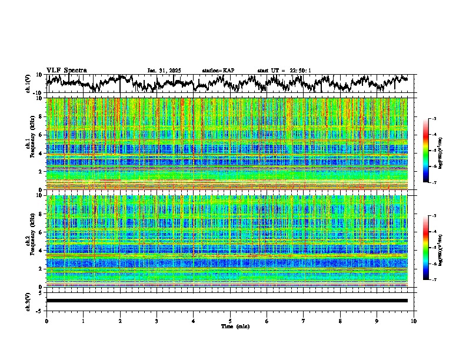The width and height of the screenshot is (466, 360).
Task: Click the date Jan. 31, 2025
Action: coord(164,71)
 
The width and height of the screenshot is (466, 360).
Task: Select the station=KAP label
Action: coord(218,71)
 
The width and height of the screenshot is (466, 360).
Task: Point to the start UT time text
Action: coord(284,71)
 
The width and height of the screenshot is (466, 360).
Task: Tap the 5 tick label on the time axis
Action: coord(230,321)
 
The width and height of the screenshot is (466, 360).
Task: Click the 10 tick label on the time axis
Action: coord(414,321)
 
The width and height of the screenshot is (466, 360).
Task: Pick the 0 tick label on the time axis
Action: coord(46,321)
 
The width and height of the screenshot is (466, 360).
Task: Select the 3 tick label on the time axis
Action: coord(157,321)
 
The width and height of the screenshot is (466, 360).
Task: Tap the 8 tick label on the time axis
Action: coord(340,321)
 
